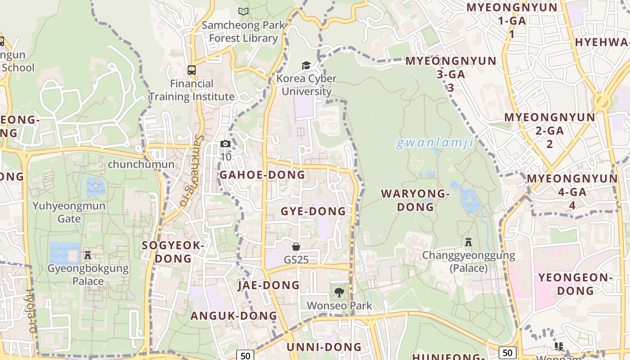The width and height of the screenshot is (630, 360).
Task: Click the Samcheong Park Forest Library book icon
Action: (243, 12)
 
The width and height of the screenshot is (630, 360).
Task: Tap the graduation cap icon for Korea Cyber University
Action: (306, 65)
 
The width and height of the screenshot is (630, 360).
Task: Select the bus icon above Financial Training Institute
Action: (192, 70)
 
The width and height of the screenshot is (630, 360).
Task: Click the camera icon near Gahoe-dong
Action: (225, 144)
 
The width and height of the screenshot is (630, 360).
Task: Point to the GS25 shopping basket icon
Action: (296, 246)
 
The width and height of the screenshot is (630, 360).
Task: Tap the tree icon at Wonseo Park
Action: (339, 292)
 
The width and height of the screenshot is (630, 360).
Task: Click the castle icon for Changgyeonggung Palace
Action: (468, 242)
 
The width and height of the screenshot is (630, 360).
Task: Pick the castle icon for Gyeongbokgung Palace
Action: (88, 255)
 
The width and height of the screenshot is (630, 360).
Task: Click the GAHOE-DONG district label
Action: (262, 175)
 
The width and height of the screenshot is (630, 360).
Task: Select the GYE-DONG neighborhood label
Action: (313, 211)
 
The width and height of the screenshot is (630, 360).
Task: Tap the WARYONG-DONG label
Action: (415, 200)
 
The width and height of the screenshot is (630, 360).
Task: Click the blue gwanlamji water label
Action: (435, 143)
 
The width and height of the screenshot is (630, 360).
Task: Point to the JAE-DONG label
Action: (269, 285)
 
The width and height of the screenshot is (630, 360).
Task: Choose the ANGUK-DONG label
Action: (234, 315)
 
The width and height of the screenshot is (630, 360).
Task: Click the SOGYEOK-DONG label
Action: (173, 252)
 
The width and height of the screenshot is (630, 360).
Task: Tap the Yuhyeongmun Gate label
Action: (69, 212)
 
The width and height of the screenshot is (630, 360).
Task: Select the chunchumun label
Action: (141, 164)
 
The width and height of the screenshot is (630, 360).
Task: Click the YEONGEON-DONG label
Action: (576, 284)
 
